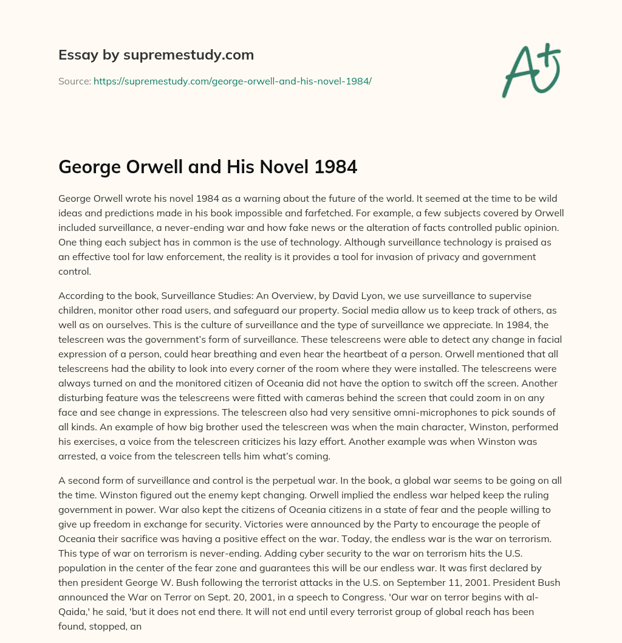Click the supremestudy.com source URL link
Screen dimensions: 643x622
(232, 80)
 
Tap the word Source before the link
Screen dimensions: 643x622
(73, 80)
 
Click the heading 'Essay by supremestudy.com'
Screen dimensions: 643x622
(155, 55)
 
